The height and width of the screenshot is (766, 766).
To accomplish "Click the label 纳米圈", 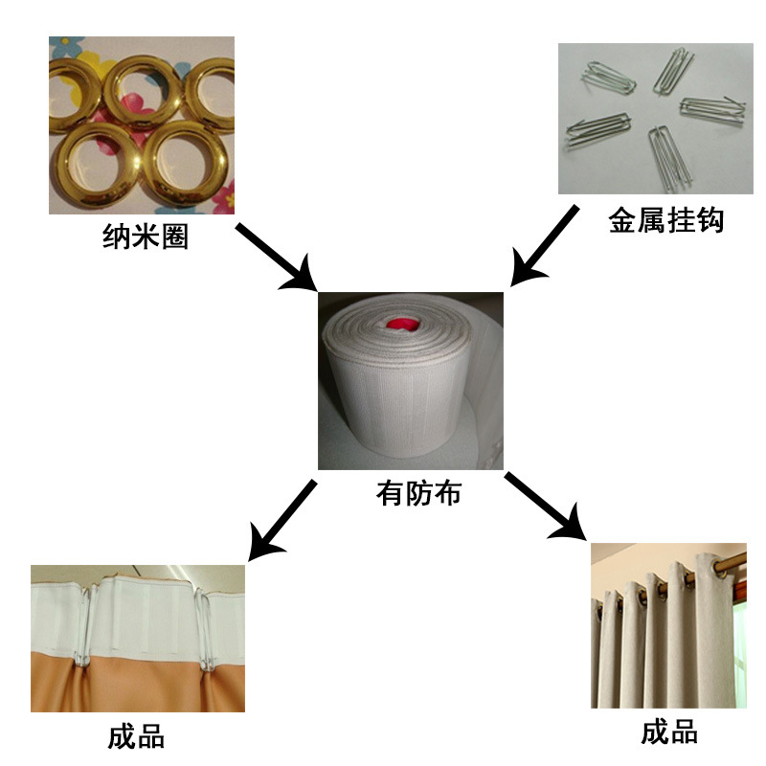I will (146, 236).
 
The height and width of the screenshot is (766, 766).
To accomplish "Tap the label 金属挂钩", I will (666, 221).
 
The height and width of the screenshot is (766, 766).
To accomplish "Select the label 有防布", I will (418, 493).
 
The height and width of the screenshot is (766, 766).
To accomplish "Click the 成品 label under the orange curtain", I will (136, 737).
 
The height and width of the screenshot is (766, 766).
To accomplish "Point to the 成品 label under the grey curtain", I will (669, 733).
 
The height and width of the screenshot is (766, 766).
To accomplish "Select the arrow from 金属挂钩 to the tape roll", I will (544, 245).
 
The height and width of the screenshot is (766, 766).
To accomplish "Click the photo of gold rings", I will (142, 124).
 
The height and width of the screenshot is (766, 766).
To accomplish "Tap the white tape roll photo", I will (411, 380).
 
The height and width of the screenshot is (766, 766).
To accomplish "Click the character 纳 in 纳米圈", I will (117, 236).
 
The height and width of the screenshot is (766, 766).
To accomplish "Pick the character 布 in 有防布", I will (447, 493).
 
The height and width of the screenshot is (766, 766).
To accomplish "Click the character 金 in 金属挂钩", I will (623, 221).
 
